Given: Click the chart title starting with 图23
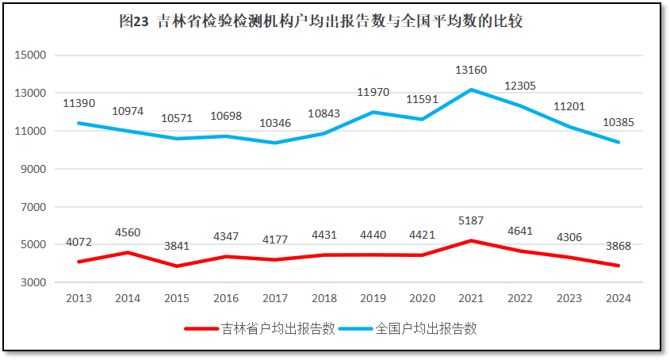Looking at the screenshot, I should coord(320,22).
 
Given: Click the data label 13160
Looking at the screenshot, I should coord(471,71).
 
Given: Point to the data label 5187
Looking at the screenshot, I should coord(471,220).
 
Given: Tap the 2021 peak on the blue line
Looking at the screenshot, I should coord(471,90).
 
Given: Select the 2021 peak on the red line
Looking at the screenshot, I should coord(471,240).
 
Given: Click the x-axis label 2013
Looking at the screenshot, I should coord(78,299).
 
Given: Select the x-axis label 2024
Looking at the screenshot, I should coord(618,299).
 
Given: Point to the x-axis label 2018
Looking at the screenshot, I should coord(324,299).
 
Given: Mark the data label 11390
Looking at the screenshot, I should coord(78,104).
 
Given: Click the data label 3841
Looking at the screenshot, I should coord(177,246).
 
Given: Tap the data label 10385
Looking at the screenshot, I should coord(618,123).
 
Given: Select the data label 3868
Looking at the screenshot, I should coord(618,246).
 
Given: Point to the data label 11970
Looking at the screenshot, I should coord(373,93).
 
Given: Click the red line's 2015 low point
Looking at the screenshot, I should coord(177,266).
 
